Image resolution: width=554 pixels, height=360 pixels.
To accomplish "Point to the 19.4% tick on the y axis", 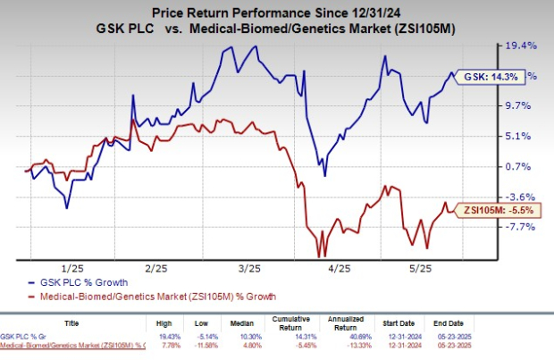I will coord(520,45).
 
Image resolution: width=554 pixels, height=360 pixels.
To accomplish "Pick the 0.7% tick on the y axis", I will coord(520,166).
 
